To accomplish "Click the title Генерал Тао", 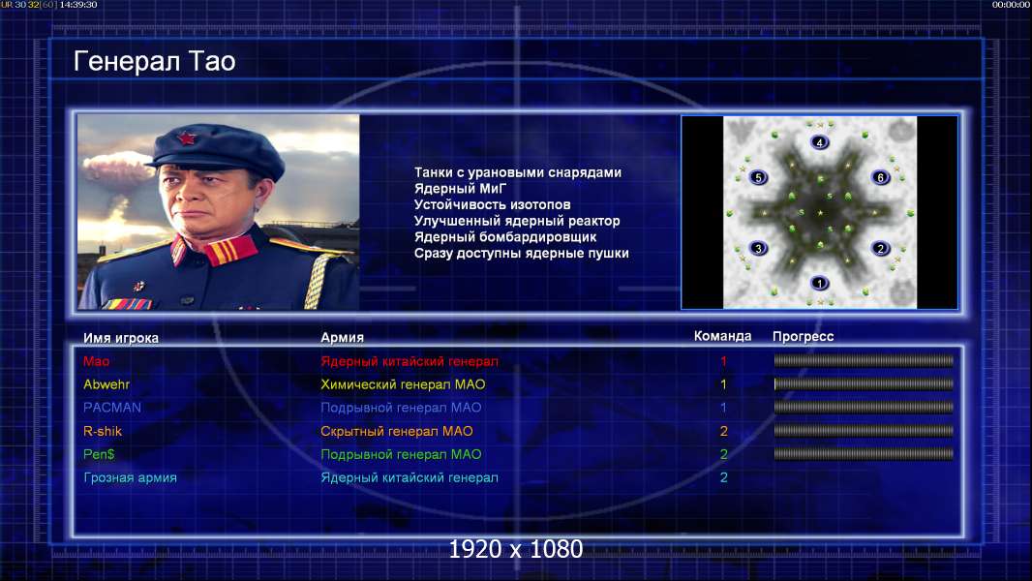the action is coord(154,61).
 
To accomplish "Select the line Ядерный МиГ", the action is coord(460,189).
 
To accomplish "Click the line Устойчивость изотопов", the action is coord(493,204).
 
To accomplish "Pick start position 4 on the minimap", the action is coord(819,142).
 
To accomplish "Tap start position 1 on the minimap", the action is coord(819,284).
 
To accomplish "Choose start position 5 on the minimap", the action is coord(758,177).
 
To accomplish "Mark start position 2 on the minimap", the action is coord(881,249).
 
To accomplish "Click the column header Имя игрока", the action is coord(120,338).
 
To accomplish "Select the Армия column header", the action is coord(343,338).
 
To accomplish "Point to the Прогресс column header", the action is coord(803,337).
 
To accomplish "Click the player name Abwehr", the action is coord(106,384).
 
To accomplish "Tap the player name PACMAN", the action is coord(112,408).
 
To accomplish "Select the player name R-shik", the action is coord(103,431).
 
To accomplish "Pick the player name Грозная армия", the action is coord(130,478).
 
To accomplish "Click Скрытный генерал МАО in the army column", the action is coord(397,432).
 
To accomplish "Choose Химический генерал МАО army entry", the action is coord(403,385).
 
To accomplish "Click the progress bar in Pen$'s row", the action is coord(864,454).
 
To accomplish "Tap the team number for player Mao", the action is coord(723,361).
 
